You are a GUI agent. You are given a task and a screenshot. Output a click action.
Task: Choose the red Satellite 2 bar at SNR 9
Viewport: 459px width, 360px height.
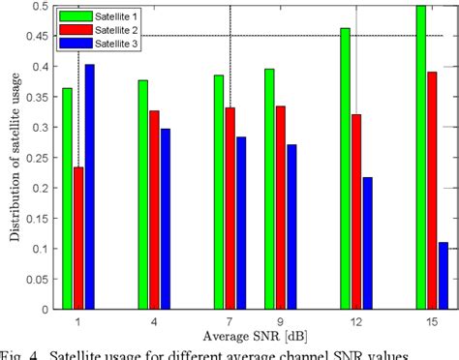[x=281, y=207]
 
